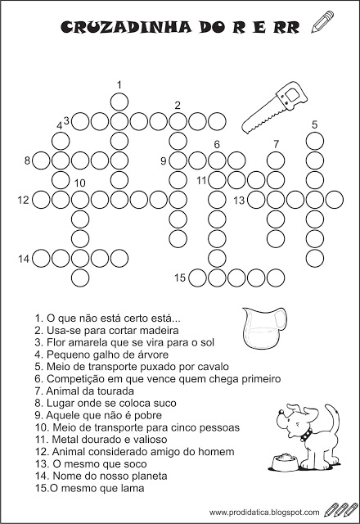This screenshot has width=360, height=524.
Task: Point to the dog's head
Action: coord(292,418)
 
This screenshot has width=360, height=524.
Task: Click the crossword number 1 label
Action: coord(119,84)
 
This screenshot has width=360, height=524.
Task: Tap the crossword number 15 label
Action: coord(180,278)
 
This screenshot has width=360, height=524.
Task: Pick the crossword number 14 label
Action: coord(24,259)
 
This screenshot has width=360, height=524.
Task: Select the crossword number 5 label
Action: coord(314,124)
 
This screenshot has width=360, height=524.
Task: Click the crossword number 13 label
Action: coord(239,200)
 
